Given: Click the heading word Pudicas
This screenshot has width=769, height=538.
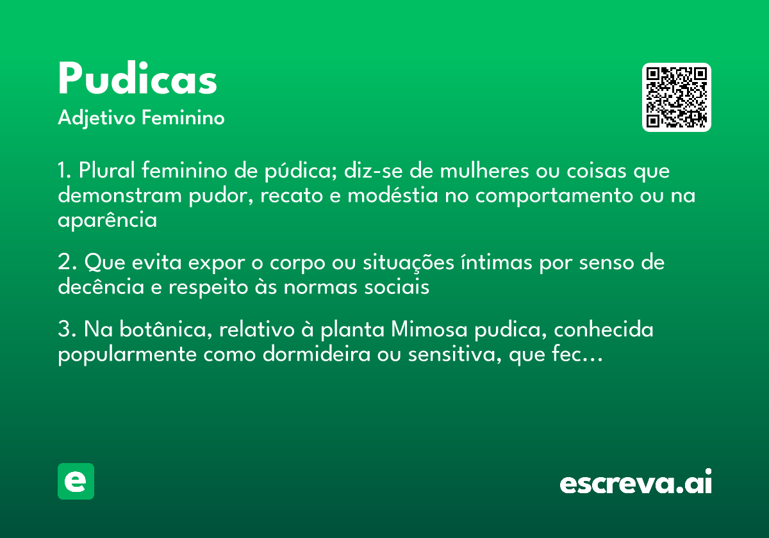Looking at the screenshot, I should tap(137, 80).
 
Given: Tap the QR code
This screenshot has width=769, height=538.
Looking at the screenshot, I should tap(677, 97).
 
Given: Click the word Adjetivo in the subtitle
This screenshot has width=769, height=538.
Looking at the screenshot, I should tap(97, 118).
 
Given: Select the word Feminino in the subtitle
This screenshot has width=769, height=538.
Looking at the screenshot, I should tap(183, 118).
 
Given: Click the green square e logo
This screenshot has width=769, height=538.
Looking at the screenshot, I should tap(76, 481).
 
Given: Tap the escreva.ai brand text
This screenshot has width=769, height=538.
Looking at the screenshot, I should tap(636, 484).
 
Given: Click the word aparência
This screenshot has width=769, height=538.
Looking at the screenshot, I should tap(107, 220).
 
